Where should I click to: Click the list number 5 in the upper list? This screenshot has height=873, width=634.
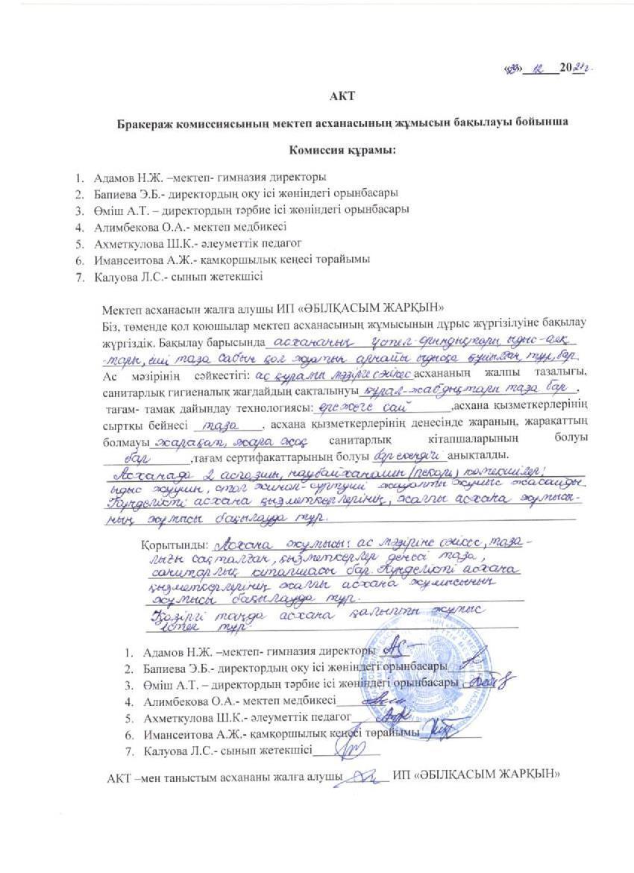(78, 243)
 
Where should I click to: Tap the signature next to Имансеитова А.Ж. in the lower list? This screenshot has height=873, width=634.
(442, 731)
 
